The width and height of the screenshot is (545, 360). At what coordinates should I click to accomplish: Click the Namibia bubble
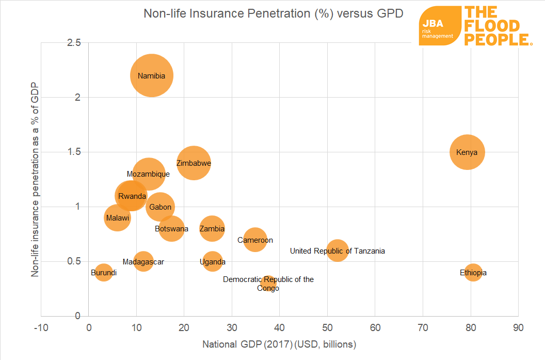coord(151,75)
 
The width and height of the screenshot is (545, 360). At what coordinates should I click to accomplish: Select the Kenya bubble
coord(467,152)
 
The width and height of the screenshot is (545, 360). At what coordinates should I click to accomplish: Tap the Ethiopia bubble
coord(473,272)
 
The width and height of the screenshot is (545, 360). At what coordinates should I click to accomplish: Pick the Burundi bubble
coord(104,272)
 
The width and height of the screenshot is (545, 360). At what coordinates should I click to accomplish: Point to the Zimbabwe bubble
coord(194,163)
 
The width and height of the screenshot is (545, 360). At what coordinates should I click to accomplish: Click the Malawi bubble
coord(117,218)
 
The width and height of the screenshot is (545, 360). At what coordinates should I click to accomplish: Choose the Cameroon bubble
coord(255,240)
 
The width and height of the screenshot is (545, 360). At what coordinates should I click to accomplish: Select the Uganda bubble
coord(213,261)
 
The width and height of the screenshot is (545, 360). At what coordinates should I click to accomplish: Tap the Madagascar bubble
coord(143,261)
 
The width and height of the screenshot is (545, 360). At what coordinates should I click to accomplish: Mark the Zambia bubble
coord(212,228)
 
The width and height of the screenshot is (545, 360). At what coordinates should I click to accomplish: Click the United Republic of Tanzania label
coord(337,251)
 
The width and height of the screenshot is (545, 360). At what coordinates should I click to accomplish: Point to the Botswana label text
coord(171,228)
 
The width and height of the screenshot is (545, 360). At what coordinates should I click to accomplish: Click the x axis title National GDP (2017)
coord(279,344)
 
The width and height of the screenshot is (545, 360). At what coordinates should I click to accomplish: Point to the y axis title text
coord(35,179)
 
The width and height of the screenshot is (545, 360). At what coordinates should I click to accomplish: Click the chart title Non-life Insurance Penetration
coord(273,13)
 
